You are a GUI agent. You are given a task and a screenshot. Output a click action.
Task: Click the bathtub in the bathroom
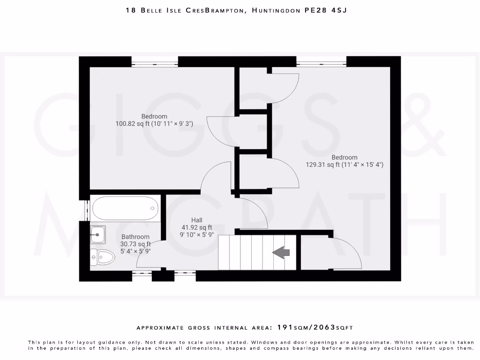point(126,208)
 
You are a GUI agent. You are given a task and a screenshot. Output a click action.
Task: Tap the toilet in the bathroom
point(104,257)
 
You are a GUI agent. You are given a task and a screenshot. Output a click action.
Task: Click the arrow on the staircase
point(281,253)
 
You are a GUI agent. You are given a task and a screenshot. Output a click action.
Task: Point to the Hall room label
point(197,220)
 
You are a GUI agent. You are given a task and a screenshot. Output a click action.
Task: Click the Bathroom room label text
point(135,237)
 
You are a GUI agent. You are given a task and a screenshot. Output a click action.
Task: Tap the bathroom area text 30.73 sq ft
point(135,244)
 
